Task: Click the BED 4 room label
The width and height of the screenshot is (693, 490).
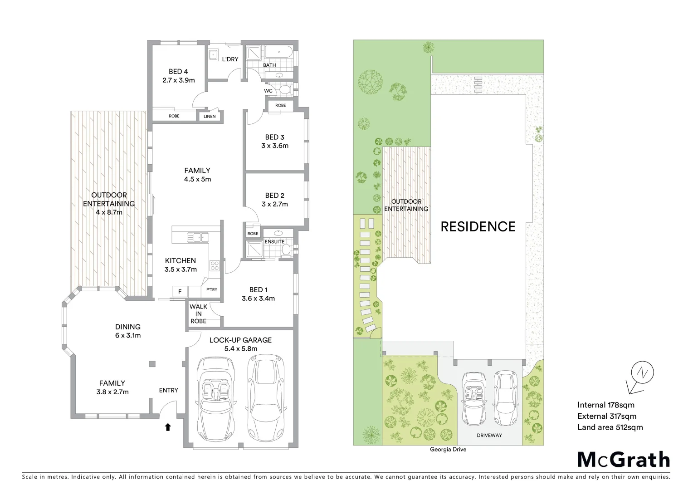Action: point(178,72)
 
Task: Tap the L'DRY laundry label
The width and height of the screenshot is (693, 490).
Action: point(230,59)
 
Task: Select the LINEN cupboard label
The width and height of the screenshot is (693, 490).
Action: point(210,117)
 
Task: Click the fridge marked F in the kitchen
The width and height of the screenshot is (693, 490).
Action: point(180,291)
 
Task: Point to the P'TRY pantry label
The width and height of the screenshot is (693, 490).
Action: point(212,289)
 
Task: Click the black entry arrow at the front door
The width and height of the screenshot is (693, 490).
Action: point(168,427)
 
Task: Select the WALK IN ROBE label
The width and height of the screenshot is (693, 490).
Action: point(198,314)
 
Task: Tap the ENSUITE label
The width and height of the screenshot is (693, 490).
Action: point(274,242)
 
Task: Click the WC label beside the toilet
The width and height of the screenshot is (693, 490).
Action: point(268,91)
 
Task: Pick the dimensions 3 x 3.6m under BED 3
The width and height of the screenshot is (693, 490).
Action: point(275,146)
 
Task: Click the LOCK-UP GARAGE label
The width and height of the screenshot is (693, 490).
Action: point(240,340)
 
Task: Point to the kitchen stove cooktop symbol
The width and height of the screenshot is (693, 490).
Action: point(214,266)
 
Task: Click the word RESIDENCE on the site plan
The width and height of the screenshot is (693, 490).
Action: point(478,227)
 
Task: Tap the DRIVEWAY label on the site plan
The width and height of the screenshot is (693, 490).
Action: point(489,435)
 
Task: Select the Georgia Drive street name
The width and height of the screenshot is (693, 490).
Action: point(448,450)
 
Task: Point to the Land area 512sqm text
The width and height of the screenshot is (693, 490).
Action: point(610,427)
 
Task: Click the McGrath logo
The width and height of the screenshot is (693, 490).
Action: point(624,460)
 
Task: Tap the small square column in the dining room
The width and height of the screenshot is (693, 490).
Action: point(152,364)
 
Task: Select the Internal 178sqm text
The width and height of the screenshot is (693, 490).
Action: point(606,405)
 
